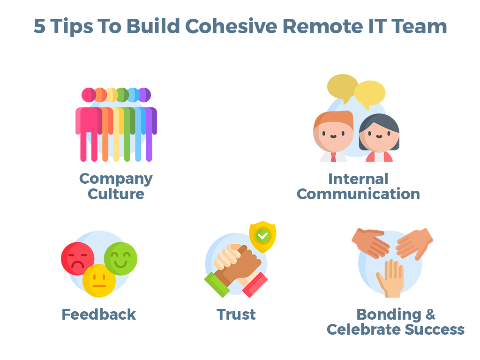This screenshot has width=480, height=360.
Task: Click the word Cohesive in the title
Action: click(x=231, y=26)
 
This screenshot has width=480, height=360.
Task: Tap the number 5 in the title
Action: click(x=40, y=26)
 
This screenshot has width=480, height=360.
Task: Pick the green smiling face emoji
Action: click(x=121, y=258)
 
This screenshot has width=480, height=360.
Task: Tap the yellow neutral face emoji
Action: click(x=99, y=280)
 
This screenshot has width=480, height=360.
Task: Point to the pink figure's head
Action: click(x=89, y=95)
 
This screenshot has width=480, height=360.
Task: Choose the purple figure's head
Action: click(x=144, y=95)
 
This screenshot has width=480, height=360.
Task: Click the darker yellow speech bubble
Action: click(x=342, y=87)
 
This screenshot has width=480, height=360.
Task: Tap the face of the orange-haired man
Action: click(x=334, y=135)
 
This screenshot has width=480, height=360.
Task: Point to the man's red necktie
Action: click(x=333, y=157)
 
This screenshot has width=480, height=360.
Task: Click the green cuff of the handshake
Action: click(x=217, y=285)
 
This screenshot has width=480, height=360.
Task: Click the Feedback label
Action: click(x=98, y=315)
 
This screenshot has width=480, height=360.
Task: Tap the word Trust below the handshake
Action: click(x=236, y=315)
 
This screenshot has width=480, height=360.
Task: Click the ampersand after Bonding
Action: click(x=430, y=315)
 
